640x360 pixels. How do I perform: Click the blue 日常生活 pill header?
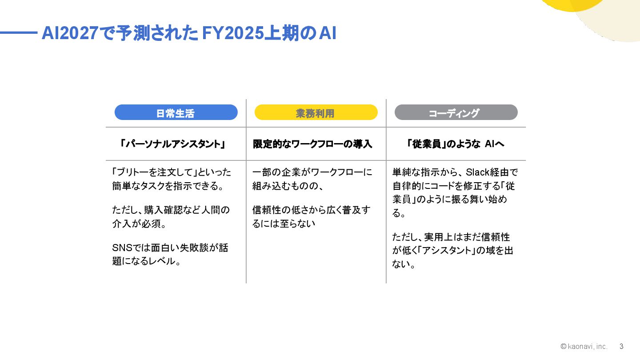[x=176, y=113]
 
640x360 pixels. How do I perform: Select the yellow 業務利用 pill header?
[x=316, y=113]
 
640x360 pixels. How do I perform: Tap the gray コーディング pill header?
[x=456, y=113]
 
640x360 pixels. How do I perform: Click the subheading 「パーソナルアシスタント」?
[x=173, y=144]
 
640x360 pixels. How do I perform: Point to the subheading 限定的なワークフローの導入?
[x=312, y=144]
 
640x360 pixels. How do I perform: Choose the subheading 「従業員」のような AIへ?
[x=455, y=144]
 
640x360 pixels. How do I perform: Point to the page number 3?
[x=621, y=346]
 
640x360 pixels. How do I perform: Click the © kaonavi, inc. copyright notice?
[x=584, y=346]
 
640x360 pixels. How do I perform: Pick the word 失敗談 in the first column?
[x=194, y=248]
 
